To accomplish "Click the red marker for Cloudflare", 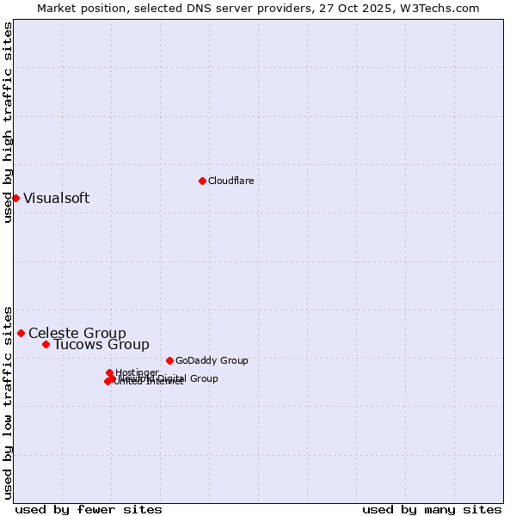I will [x=202, y=181].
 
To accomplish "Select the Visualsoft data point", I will [x=15, y=198].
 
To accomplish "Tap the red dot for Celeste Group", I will [x=21, y=333].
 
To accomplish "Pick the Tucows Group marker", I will [x=46, y=344].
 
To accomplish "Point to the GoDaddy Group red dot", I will [x=169, y=360].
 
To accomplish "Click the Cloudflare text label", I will [x=230, y=181].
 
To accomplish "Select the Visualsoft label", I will [x=56, y=198].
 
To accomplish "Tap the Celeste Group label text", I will [x=77, y=333].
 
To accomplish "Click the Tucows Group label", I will [x=101, y=344].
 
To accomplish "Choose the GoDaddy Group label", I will [x=212, y=360].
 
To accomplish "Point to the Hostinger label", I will [x=137, y=372].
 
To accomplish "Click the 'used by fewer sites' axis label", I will [x=89, y=509].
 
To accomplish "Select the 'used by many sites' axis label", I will [x=432, y=509].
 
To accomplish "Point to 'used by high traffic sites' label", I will [x=8, y=122].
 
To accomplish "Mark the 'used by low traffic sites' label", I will [x=8, y=402].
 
